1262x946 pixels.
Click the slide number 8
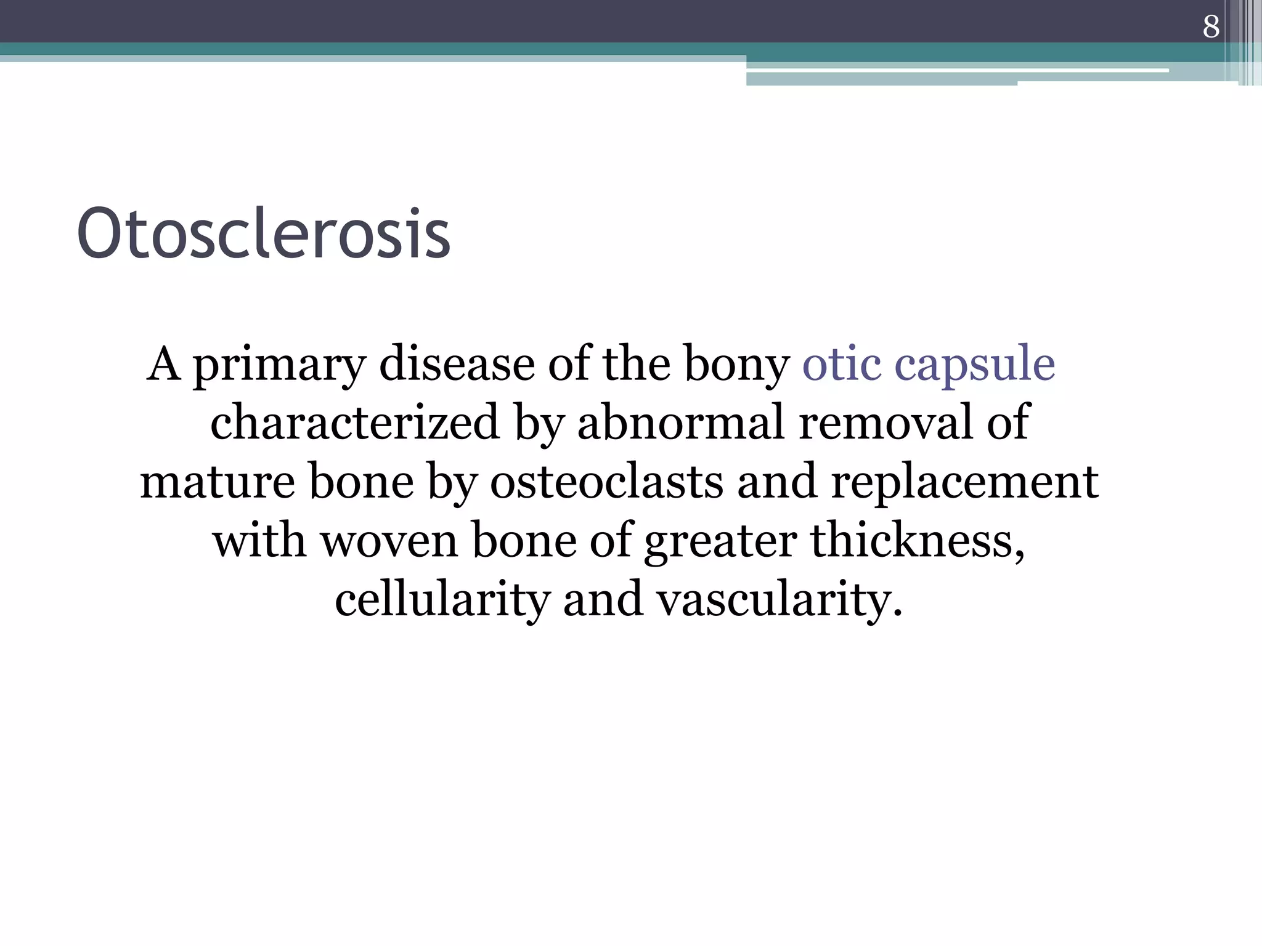(1211, 27)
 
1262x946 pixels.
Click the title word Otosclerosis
(264, 235)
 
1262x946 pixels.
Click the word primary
(280, 365)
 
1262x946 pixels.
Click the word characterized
(354, 422)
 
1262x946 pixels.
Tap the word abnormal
(681, 422)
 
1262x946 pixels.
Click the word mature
(217, 482)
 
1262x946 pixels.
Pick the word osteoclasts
(606, 482)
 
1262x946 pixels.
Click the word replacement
(964, 482)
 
